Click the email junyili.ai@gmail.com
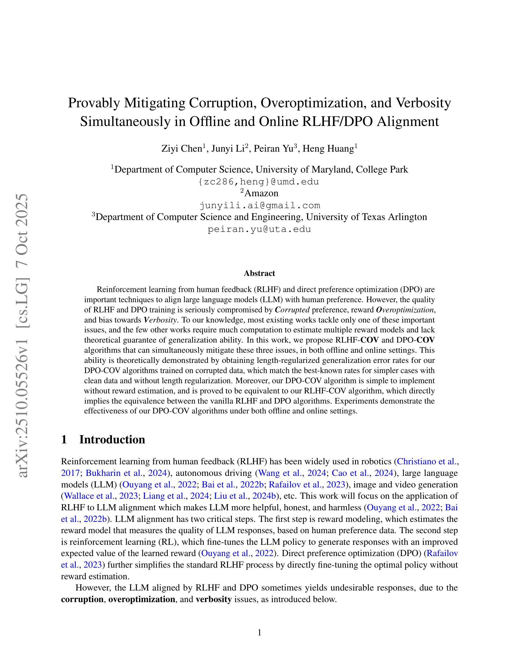259,205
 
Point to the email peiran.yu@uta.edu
259,229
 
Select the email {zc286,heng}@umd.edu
259,182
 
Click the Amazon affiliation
261,193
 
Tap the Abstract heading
259,273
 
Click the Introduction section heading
112,439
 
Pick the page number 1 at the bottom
259,632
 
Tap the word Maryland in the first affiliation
331,169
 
